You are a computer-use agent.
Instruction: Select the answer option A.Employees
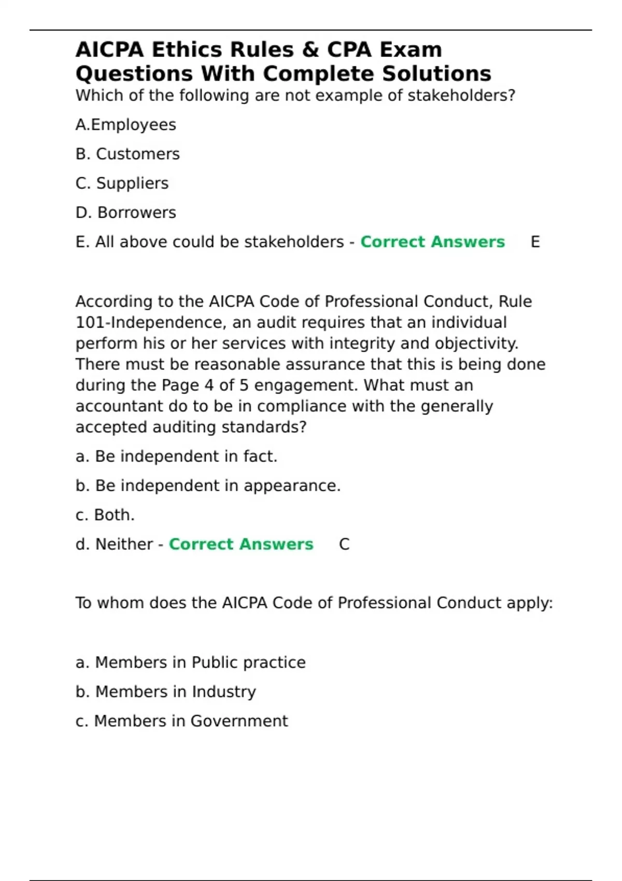point(126,125)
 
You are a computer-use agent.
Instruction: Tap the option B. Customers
point(128,154)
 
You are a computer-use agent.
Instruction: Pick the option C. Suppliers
point(122,183)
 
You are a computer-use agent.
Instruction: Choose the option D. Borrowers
point(126,212)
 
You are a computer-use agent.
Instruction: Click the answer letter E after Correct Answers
point(535,242)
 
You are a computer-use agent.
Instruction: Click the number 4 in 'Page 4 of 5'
point(209,386)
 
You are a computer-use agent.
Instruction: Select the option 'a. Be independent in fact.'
point(176,457)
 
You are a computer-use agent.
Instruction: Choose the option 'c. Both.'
point(105,515)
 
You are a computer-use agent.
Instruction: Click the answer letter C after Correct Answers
point(344,544)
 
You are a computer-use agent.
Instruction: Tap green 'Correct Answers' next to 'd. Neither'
point(241,544)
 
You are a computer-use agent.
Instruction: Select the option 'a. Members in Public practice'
point(191,662)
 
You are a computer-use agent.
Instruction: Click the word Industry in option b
point(223,692)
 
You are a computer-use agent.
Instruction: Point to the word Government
point(239,721)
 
